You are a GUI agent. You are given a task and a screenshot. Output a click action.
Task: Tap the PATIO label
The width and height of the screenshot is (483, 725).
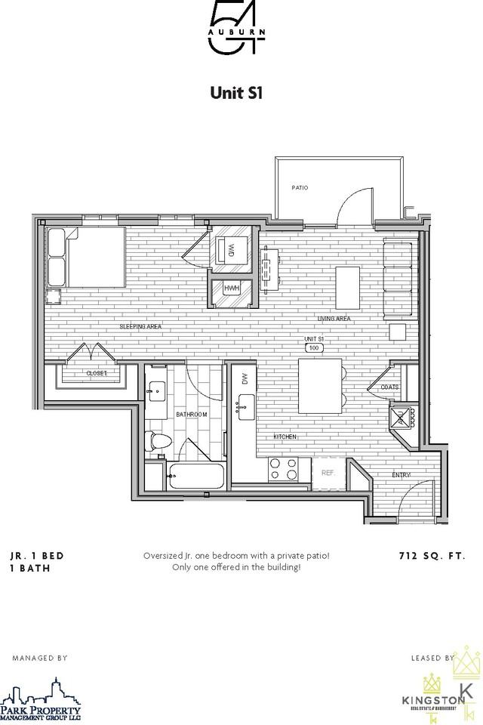click(300, 187)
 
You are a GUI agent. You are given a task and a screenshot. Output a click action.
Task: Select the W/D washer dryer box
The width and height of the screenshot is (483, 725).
click(232, 248)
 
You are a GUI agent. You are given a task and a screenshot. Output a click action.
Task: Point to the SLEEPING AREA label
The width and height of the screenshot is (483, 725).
click(140, 326)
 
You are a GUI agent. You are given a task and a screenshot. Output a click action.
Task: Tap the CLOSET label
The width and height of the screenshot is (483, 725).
click(97, 373)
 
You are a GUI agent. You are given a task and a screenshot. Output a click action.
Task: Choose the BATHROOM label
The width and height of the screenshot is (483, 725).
click(192, 415)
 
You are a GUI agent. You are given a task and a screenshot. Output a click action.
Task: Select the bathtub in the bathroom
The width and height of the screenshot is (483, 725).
click(196, 477)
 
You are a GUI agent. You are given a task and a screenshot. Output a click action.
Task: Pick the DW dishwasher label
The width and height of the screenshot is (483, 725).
click(245, 380)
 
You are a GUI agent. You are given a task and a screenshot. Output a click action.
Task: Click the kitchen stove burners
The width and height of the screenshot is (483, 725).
click(284, 470)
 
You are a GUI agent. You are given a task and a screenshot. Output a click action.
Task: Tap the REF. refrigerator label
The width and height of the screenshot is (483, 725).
click(328, 473)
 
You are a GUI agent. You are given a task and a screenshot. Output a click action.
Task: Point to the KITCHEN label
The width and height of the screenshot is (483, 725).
click(285, 437)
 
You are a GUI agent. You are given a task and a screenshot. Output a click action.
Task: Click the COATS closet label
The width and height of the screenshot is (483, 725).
click(389, 387)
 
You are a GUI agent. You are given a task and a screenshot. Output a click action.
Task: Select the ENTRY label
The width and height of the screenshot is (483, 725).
click(401, 474)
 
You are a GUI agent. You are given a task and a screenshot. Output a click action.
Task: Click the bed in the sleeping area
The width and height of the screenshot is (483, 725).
click(85, 258)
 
